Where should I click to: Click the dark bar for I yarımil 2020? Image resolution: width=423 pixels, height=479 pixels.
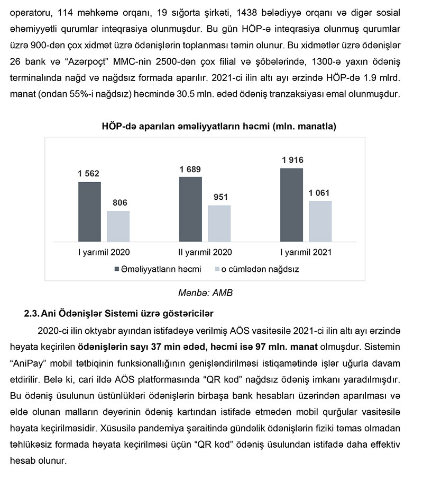pyautogui.click(x=89, y=211)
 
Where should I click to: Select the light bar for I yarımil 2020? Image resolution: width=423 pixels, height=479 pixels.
pyautogui.click(x=118, y=226)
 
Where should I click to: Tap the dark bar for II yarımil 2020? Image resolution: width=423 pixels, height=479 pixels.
pyautogui.click(x=190, y=209)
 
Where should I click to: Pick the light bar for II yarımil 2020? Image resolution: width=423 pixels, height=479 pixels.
pyautogui.click(x=219, y=223)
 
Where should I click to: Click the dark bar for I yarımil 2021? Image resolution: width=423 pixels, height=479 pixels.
pyautogui.click(x=292, y=205)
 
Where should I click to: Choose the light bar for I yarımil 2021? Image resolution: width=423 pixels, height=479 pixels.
pyautogui.click(x=320, y=221)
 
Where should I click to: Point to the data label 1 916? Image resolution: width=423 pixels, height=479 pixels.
pyautogui.click(x=292, y=160)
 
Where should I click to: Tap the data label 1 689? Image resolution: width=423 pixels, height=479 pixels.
pyautogui.click(x=190, y=169)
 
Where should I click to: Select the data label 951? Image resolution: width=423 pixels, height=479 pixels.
pyautogui.click(x=220, y=197)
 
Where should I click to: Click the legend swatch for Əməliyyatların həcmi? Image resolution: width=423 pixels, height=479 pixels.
pyautogui.click(x=117, y=269)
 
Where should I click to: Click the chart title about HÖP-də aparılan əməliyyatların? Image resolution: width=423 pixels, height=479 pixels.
pyautogui.click(x=219, y=127)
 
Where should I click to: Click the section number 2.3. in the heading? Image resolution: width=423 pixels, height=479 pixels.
pyautogui.click(x=34, y=313)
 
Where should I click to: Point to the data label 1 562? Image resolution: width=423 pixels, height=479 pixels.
pyautogui.click(x=88, y=173)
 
